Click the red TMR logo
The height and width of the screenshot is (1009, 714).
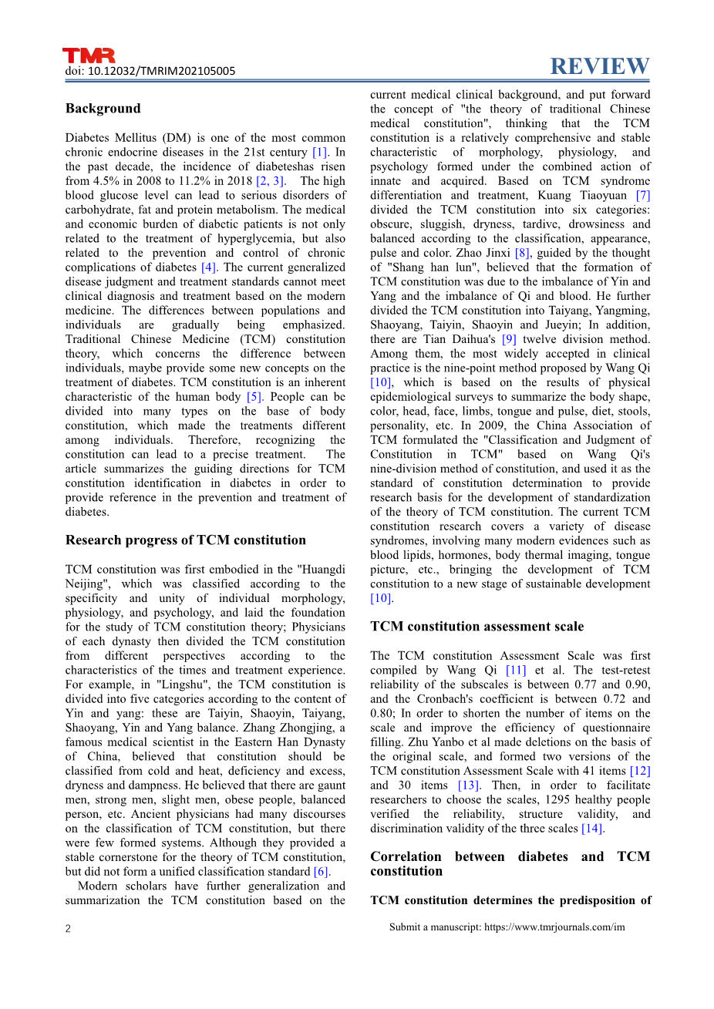coord(89,55)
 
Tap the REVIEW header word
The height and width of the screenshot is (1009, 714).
coord(600,67)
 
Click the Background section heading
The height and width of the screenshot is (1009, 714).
coord(103,109)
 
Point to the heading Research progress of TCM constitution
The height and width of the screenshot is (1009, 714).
coord(185,540)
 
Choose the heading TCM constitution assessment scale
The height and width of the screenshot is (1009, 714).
coord(477,627)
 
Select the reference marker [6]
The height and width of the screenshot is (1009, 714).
coord(321,872)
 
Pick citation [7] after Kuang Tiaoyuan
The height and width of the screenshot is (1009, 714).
coord(642,195)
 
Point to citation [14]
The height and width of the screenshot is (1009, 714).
coord(592,829)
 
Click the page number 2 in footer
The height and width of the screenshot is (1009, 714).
coord(68,928)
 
